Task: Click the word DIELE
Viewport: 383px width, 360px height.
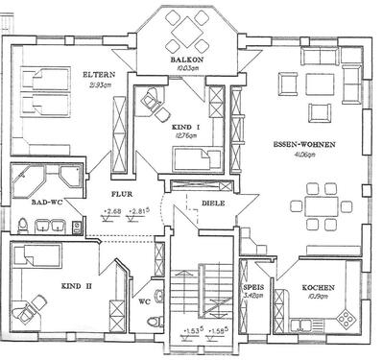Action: [212, 204]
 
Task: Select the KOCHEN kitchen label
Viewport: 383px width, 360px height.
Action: [316, 287]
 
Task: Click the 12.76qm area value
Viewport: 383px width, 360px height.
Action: [184, 137]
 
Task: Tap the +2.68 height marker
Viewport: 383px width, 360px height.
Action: [112, 210]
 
